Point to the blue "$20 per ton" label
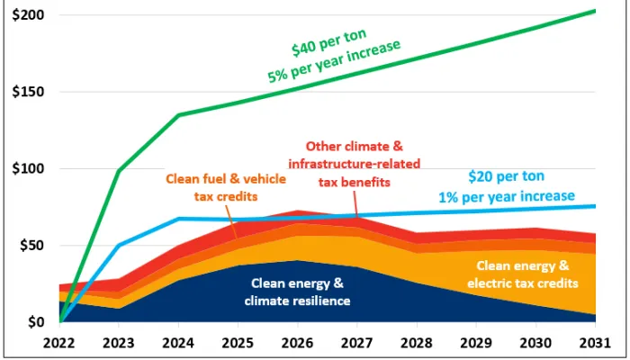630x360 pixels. point(507,177)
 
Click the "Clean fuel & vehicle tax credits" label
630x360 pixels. point(226,187)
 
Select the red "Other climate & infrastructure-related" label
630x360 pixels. point(352,155)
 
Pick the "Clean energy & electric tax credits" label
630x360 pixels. point(523,275)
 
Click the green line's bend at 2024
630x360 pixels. point(179,114)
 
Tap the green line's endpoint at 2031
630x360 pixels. point(596,11)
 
